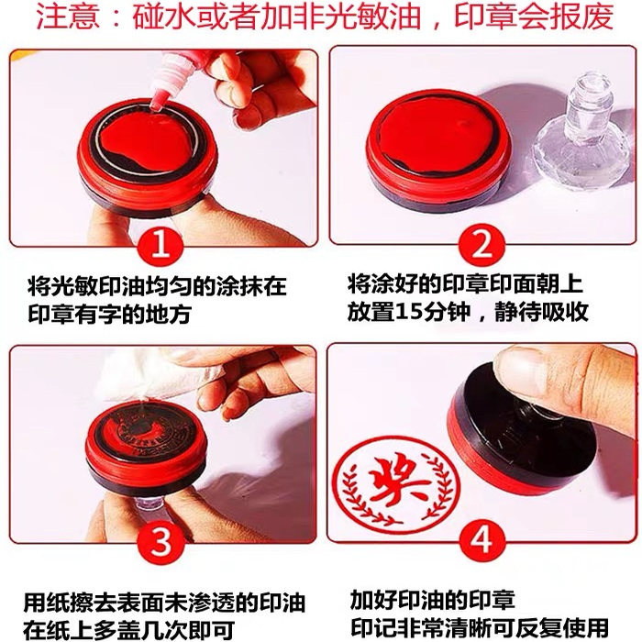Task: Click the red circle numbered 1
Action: click(x=160, y=245)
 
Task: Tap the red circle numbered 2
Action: click(x=481, y=245)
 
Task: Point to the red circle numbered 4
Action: click(x=481, y=541)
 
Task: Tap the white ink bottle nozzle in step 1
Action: click(x=168, y=82)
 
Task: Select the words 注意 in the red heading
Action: click(x=68, y=17)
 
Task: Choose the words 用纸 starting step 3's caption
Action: click(x=46, y=603)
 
